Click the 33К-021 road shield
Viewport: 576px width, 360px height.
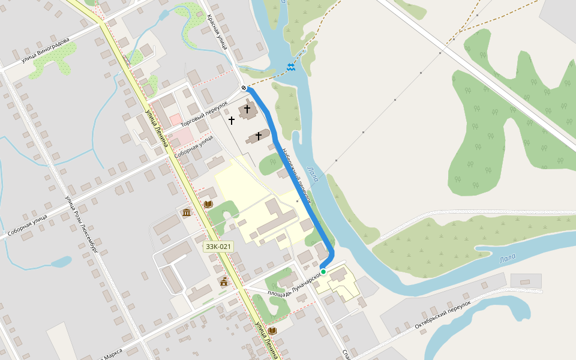(x=218, y=247)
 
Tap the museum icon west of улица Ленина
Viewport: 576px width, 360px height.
(x=187, y=212)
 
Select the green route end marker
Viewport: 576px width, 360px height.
(x=323, y=272)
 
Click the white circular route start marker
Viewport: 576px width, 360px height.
(x=244, y=88)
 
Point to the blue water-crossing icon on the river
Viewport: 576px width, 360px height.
(x=291, y=67)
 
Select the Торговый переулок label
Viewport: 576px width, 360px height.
(x=204, y=113)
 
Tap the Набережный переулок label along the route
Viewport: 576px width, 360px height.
(x=296, y=175)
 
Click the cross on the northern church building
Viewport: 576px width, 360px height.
(x=247, y=109)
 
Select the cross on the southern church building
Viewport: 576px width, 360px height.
(x=259, y=136)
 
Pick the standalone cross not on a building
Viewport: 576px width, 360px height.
(x=232, y=121)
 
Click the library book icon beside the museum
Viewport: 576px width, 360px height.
(x=208, y=205)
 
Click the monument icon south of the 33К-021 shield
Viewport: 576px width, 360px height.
(x=224, y=281)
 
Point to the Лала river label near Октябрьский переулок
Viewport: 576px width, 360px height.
(x=507, y=259)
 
